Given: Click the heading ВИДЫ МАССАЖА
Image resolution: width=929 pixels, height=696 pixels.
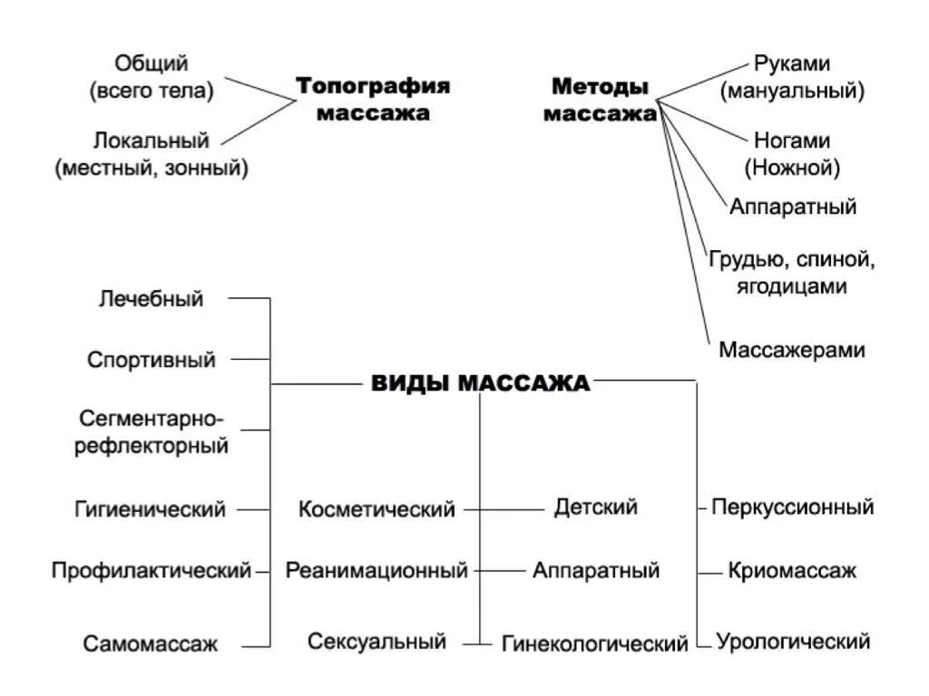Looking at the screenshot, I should (x=481, y=383).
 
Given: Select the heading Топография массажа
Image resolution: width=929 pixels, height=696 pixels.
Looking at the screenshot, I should (x=373, y=100).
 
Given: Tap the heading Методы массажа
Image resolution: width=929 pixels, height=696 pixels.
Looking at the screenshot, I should (x=601, y=101).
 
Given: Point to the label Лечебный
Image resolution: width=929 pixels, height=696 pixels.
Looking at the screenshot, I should (x=151, y=298).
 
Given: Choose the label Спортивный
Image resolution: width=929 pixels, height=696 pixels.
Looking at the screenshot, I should (x=152, y=359).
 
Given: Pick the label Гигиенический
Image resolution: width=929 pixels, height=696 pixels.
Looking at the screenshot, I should (x=150, y=509).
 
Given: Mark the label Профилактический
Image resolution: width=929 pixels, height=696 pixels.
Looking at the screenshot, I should (x=151, y=571).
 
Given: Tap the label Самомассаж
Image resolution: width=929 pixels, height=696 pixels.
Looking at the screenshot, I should (x=151, y=644).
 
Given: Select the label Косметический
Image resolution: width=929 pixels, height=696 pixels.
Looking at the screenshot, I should (x=376, y=509).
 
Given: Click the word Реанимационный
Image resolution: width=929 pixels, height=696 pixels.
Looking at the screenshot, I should (x=376, y=571).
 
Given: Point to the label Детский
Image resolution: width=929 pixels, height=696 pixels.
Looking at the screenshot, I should (x=595, y=507).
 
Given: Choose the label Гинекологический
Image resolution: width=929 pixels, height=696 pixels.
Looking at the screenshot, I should (x=594, y=644).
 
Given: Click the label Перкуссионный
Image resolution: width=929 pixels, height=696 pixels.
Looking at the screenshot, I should (x=792, y=507).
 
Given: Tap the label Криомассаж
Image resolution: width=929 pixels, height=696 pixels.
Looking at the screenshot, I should (x=791, y=571).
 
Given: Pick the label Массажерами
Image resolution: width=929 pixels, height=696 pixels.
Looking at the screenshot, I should (x=791, y=350).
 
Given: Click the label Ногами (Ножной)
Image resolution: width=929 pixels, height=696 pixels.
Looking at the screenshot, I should (x=792, y=154).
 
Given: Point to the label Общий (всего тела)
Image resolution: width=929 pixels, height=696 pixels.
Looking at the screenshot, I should (x=152, y=76).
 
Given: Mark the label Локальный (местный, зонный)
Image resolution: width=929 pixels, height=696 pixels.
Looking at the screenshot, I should (x=152, y=153).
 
